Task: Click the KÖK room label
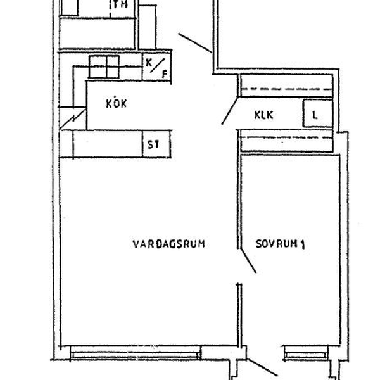(117, 103)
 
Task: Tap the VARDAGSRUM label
(169, 244)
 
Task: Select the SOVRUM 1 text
(281, 244)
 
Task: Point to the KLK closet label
(263, 115)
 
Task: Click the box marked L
(317, 113)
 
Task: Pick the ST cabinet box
(156, 144)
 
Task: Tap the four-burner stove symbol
(104, 67)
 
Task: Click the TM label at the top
(120, 4)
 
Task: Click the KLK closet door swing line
(229, 111)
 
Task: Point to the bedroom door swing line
(248, 260)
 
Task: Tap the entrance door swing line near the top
(195, 43)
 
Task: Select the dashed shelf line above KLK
(286, 89)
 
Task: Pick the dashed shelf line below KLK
(286, 137)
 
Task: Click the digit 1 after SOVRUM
(302, 244)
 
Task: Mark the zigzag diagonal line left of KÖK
(73, 119)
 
